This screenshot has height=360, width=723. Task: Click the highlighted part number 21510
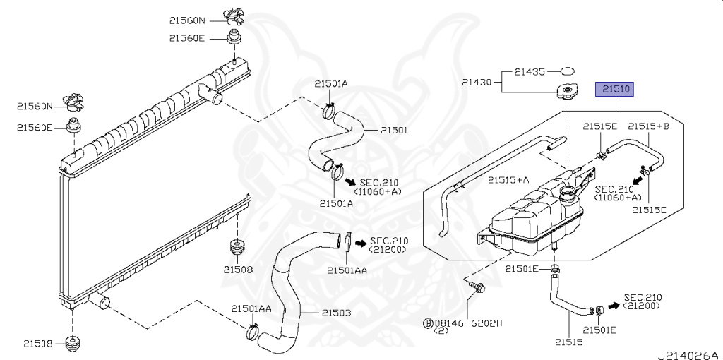point(616,90)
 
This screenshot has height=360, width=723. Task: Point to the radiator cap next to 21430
point(567,92)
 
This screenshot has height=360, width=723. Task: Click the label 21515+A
point(508,180)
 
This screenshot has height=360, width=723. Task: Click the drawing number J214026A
point(688,353)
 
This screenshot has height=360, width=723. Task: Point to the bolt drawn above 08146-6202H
point(474,286)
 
